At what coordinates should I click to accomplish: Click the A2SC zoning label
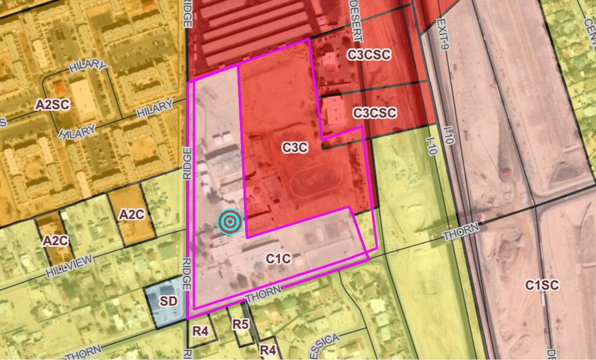[x=52, y=105]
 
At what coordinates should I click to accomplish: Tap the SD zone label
[x=168, y=301]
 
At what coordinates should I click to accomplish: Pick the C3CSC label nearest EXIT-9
[x=369, y=54]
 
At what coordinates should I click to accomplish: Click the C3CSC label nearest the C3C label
[x=375, y=113]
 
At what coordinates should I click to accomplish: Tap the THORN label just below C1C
[x=263, y=293]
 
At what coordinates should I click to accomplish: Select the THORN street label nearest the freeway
[x=461, y=233]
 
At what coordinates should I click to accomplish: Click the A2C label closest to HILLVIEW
[x=55, y=241]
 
